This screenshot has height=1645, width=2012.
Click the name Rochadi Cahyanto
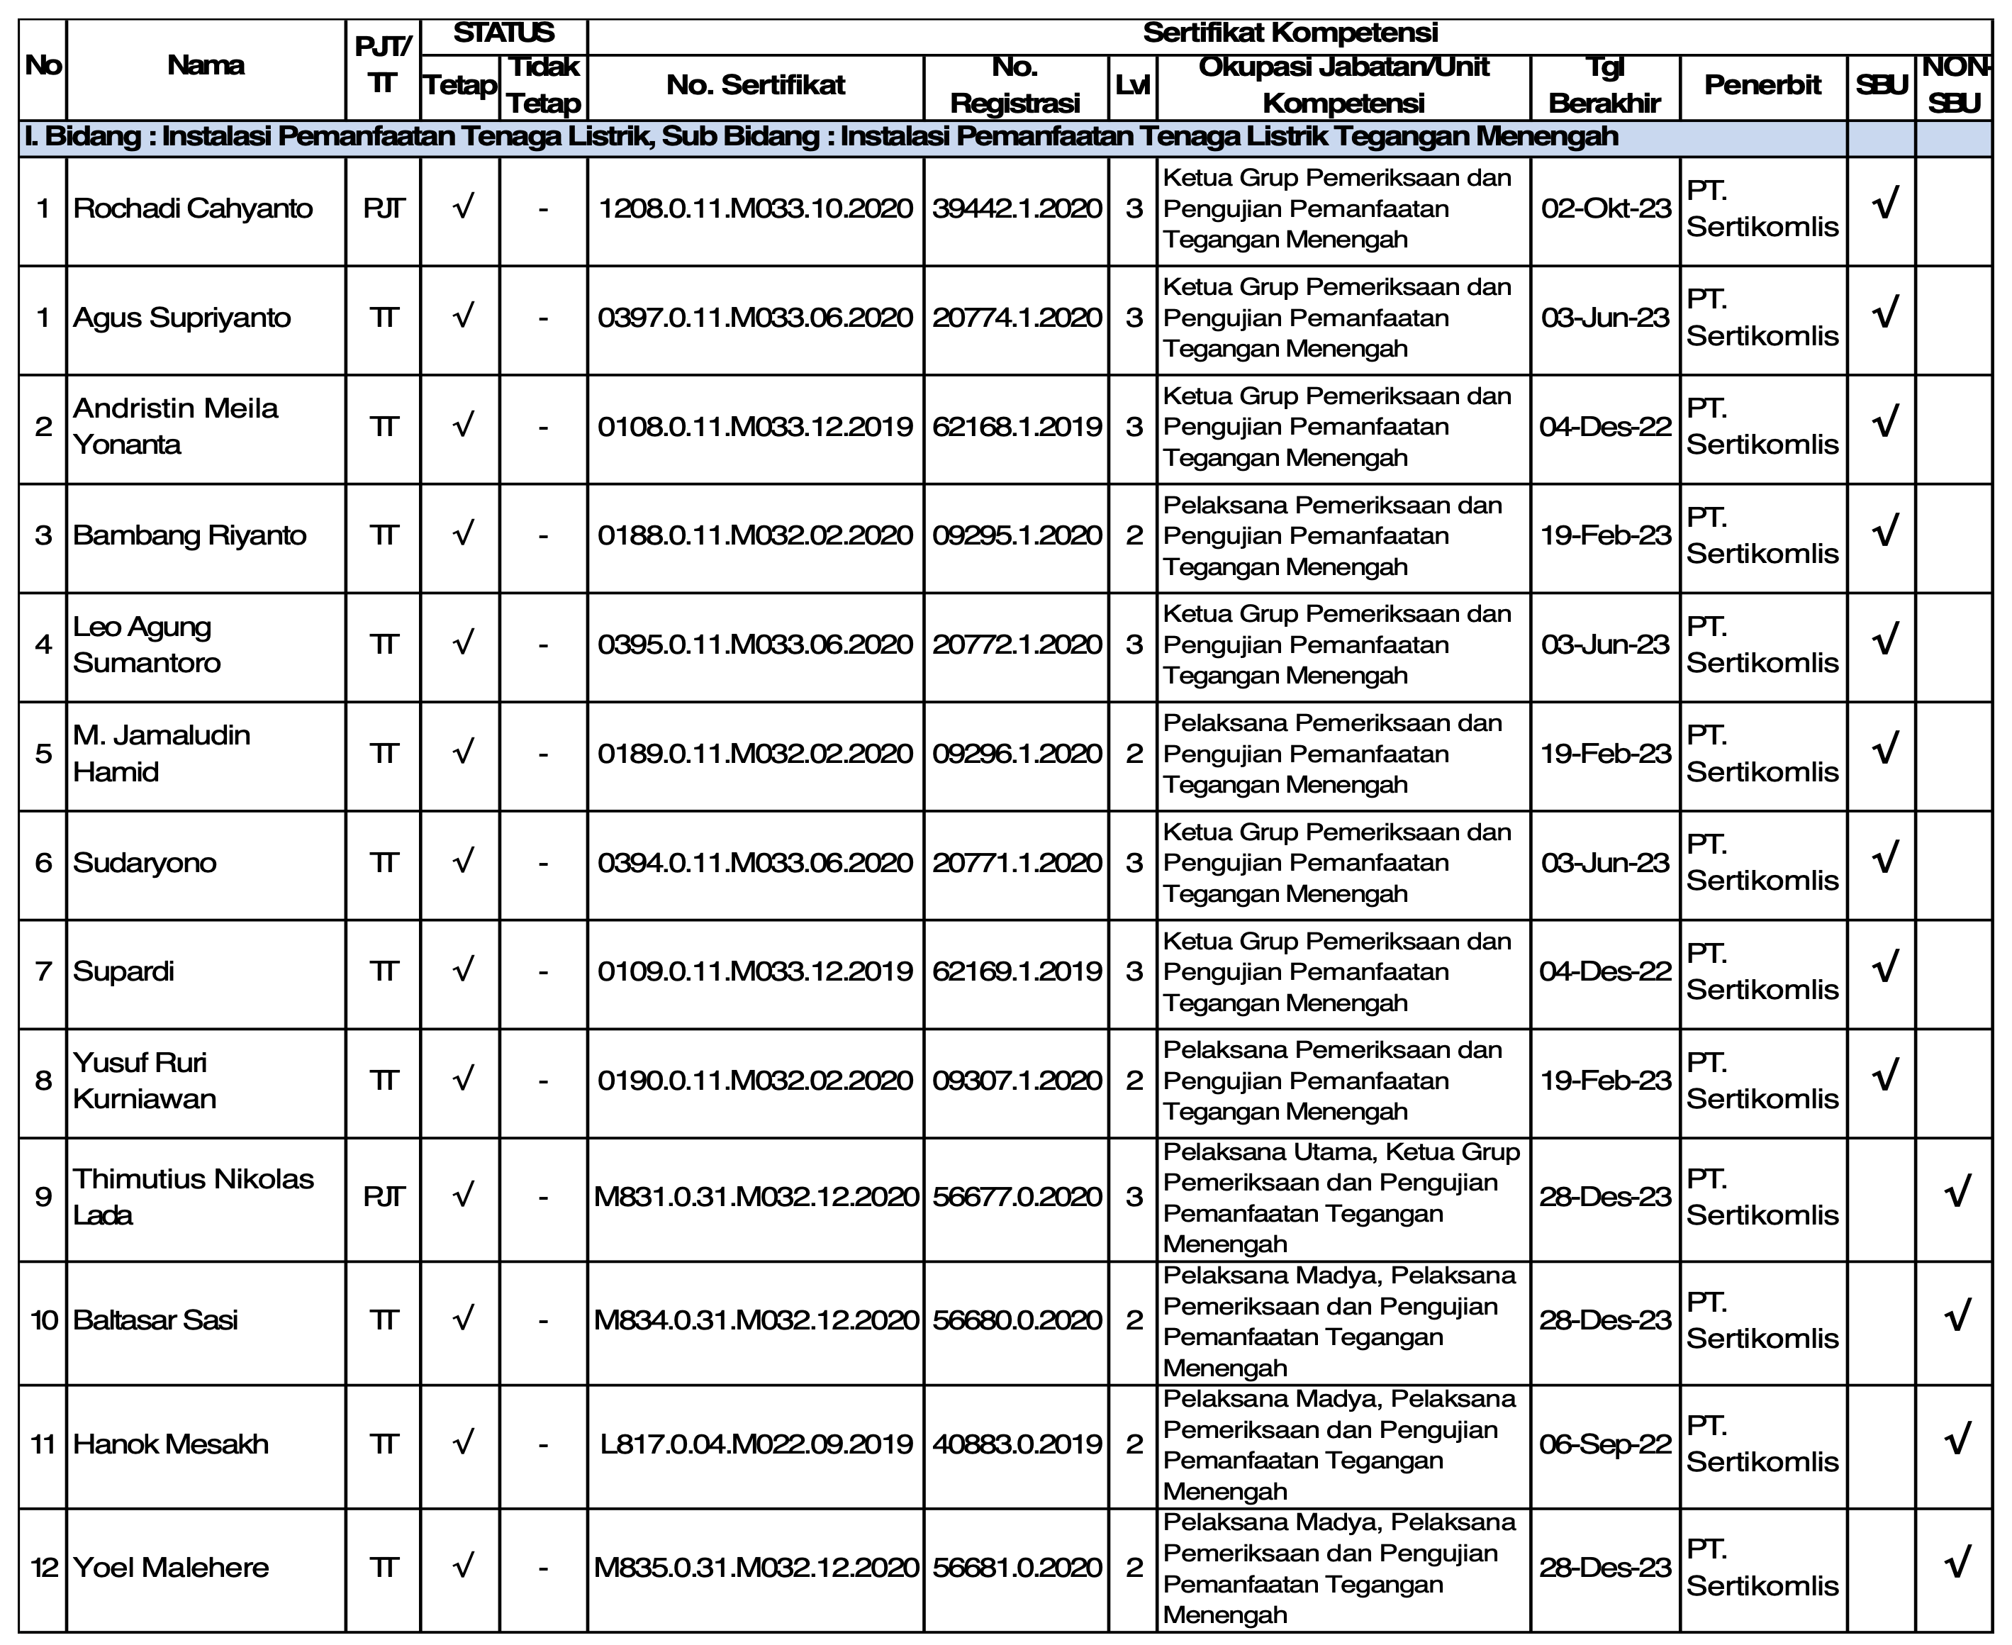[192, 208]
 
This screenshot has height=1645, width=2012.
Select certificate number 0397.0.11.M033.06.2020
[755, 318]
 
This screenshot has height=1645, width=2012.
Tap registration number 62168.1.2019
[1017, 426]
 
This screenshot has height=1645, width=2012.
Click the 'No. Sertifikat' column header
[755, 85]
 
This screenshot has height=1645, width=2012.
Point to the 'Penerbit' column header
[1762, 85]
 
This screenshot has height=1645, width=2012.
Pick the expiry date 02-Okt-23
[1606, 208]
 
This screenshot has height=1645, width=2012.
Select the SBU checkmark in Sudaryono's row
[1885, 859]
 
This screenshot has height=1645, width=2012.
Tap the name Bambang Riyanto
[189, 535]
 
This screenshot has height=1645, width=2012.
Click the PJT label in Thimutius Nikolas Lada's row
[384, 1197]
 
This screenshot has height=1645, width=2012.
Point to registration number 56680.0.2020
[1017, 1320]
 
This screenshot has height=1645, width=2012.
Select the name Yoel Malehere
[171, 1567]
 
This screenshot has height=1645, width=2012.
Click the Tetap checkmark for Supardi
[462, 970]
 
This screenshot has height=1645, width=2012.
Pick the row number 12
[43, 1567]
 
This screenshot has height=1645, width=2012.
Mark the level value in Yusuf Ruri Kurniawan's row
[1134, 1081]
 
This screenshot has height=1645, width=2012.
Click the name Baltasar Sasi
[155, 1320]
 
